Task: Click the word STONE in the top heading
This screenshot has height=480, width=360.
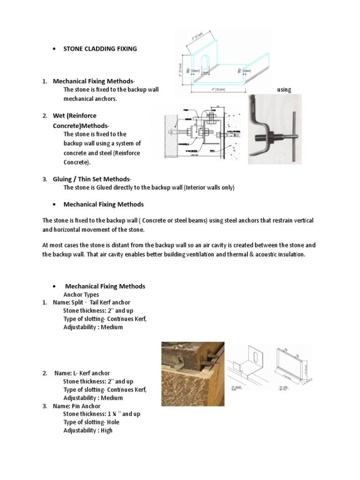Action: tap(74, 49)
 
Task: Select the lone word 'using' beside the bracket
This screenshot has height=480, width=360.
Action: tap(284, 90)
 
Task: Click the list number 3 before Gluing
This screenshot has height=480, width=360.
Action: tap(44, 179)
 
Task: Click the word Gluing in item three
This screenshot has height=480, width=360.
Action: tap(63, 179)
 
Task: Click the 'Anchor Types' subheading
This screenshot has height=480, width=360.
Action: tap(81, 294)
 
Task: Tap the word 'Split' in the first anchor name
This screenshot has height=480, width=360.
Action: tap(77, 302)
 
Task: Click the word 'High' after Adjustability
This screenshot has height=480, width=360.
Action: tap(106, 430)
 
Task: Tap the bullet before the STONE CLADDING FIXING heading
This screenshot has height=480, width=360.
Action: tap(55, 49)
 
